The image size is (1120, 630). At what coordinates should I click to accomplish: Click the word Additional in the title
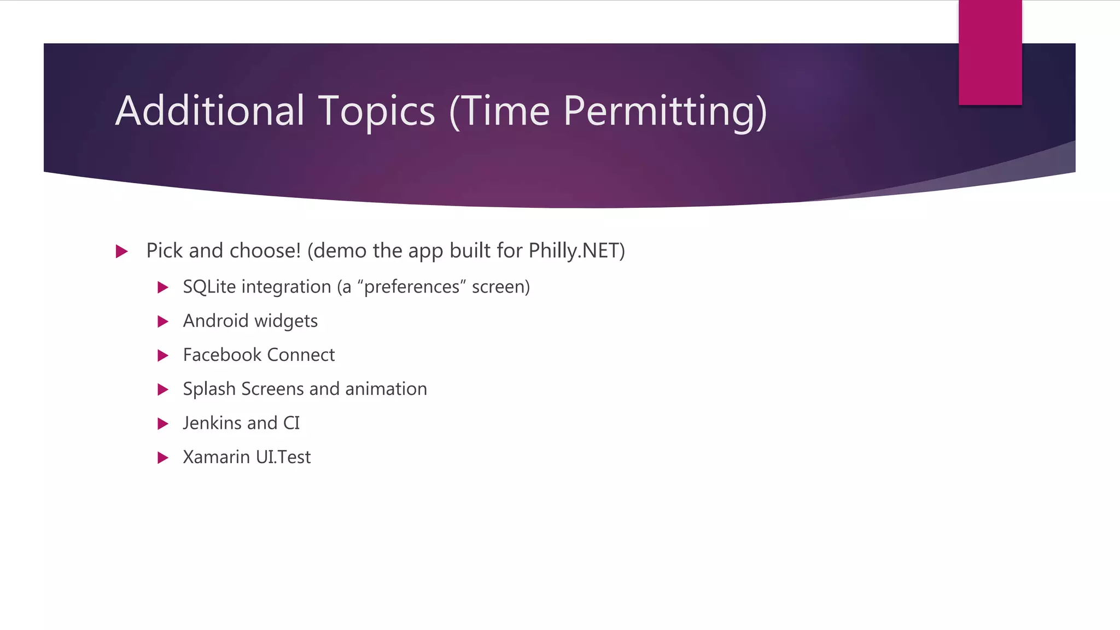[209, 111]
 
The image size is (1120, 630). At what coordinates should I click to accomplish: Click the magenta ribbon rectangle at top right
[990, 53]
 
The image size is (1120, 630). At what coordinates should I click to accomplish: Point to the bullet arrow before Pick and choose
[122, 252]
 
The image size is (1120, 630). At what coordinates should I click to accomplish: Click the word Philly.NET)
[576, 251]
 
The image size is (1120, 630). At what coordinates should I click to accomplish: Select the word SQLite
[209, 287]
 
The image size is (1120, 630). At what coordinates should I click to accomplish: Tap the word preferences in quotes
[411, 287]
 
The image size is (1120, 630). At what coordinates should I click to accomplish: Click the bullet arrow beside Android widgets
[162, 322]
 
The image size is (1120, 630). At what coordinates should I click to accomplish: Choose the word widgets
[286, 322]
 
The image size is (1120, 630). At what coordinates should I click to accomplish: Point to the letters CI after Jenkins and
[291, 423]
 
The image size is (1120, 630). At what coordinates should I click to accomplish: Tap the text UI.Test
[283, 457]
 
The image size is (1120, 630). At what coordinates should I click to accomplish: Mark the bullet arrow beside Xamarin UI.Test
[162, 458]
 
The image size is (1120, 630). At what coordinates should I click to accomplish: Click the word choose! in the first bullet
[265, 251]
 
